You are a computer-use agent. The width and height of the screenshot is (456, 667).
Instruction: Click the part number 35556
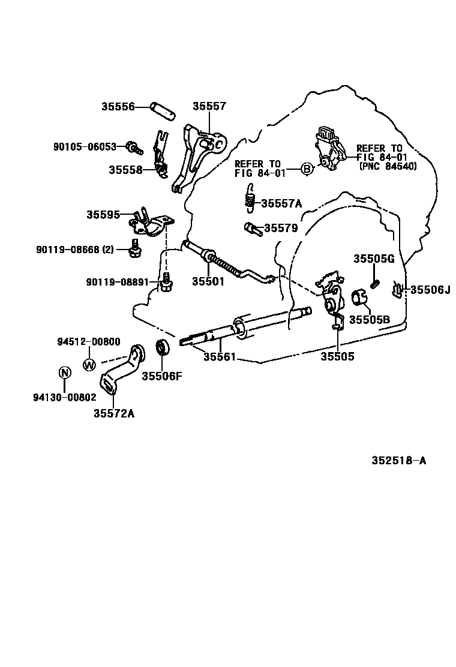117,107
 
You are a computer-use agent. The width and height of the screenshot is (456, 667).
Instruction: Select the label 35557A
281,203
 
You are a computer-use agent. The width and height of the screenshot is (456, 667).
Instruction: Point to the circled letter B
306,169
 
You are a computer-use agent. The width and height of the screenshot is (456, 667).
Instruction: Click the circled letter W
89,364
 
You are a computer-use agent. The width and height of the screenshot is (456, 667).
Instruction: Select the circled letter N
64,372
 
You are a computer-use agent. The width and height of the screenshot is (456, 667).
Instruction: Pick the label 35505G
373,259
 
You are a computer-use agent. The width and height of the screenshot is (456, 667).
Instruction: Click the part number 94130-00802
64,397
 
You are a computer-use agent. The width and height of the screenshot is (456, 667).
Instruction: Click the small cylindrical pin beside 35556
162,110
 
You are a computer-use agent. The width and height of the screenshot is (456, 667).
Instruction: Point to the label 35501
208,281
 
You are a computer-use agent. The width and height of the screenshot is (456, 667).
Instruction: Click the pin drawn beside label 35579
251,228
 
